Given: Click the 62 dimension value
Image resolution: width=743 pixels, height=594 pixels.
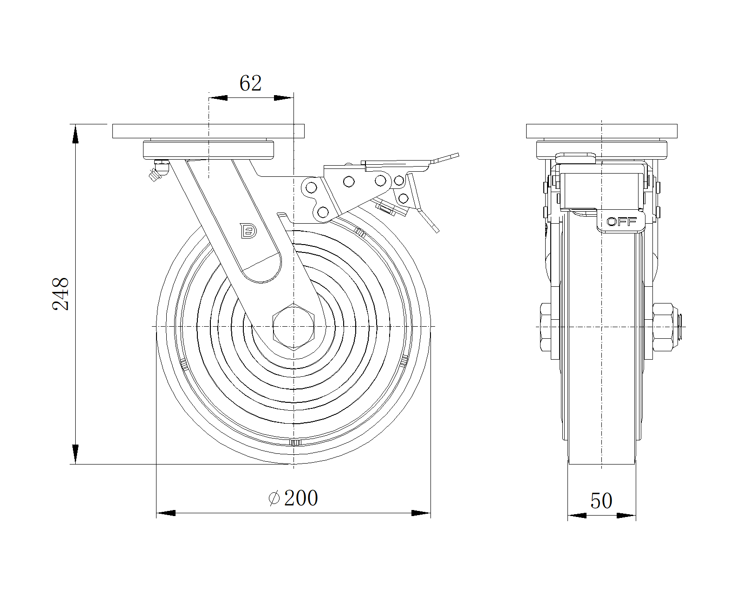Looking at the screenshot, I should [251, 84].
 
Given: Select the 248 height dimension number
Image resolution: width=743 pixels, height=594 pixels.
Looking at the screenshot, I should [61, 294].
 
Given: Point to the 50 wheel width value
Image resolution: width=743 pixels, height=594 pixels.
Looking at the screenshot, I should [601, 501].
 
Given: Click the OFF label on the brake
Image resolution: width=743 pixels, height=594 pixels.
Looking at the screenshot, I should [621, 222].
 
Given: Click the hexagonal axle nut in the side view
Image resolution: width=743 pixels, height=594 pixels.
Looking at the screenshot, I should [293, 326].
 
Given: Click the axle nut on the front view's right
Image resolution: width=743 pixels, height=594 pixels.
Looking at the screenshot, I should [663, 327].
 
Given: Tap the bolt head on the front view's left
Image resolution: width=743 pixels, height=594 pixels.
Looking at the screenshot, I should [545, 327].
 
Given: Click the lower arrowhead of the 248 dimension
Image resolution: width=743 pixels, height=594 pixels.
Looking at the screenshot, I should [75, 454].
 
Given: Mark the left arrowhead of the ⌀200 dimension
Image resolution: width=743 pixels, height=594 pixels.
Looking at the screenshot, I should [166, 513].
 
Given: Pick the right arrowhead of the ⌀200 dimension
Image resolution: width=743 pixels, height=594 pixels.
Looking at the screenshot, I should [421, 513].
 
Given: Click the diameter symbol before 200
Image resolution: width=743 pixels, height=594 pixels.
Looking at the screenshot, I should [274, 498].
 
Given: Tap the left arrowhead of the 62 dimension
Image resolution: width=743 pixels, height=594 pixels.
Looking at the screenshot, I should [218, 98].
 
